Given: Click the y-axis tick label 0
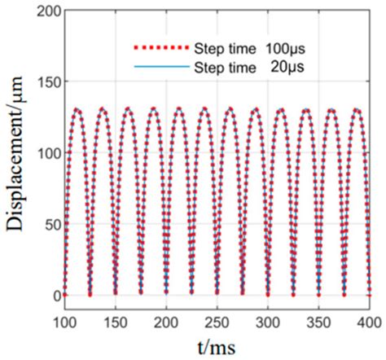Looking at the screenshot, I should (x=55, y=295).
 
